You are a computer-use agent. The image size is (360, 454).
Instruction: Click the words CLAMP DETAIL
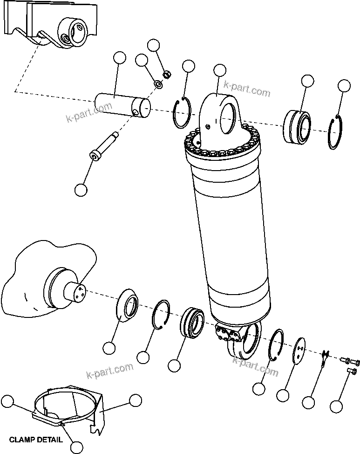(x=36, y=439)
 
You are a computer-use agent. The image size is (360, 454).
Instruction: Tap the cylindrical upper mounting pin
(x=122, y=105)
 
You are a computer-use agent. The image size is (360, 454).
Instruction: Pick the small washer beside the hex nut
(x=158, y=84)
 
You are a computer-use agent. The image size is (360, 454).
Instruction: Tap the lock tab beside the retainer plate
(x=325, y=359)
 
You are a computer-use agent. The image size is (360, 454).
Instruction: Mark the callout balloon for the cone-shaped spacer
(x=109, y=348)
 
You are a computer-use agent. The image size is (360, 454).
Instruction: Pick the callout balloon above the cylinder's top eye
(x=219, y=70)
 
